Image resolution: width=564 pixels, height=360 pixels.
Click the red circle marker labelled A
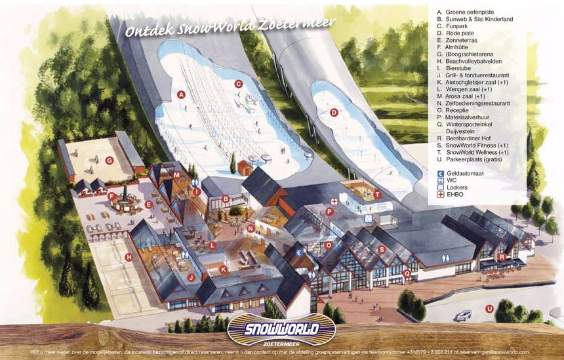coord(181,94)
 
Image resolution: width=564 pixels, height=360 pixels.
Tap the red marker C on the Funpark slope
coord(239,84)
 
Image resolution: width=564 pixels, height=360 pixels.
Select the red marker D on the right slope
coord(334,112)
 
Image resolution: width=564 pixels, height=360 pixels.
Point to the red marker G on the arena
coord(110,160)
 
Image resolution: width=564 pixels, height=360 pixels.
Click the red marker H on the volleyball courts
coord(129,257)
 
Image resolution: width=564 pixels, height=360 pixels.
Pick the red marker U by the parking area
coord(489,308)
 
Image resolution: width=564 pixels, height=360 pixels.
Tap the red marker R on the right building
coord(502,257)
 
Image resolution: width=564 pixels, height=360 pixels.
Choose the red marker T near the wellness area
coord(377,195)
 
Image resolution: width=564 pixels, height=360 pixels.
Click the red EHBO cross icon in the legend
coord(441,194)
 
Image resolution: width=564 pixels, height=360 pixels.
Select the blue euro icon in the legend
coord(441,172)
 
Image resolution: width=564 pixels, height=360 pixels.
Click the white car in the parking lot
coord(463,315)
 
